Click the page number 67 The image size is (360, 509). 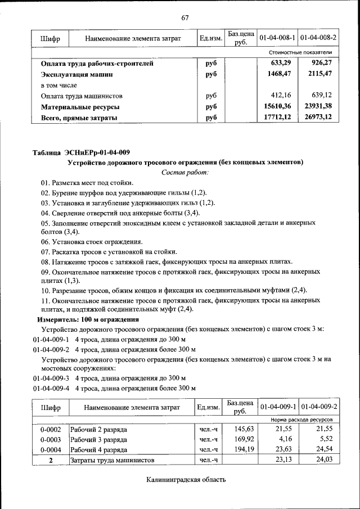(184, 17)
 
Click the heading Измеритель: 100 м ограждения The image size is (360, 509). (88, 319)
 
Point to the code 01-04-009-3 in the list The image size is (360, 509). (51, 378)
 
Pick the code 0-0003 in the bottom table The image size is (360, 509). (50, 439)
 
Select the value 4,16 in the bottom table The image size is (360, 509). (286, 439)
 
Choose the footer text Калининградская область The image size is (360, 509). (186, 480)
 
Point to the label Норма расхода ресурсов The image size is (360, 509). (301, 420)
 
